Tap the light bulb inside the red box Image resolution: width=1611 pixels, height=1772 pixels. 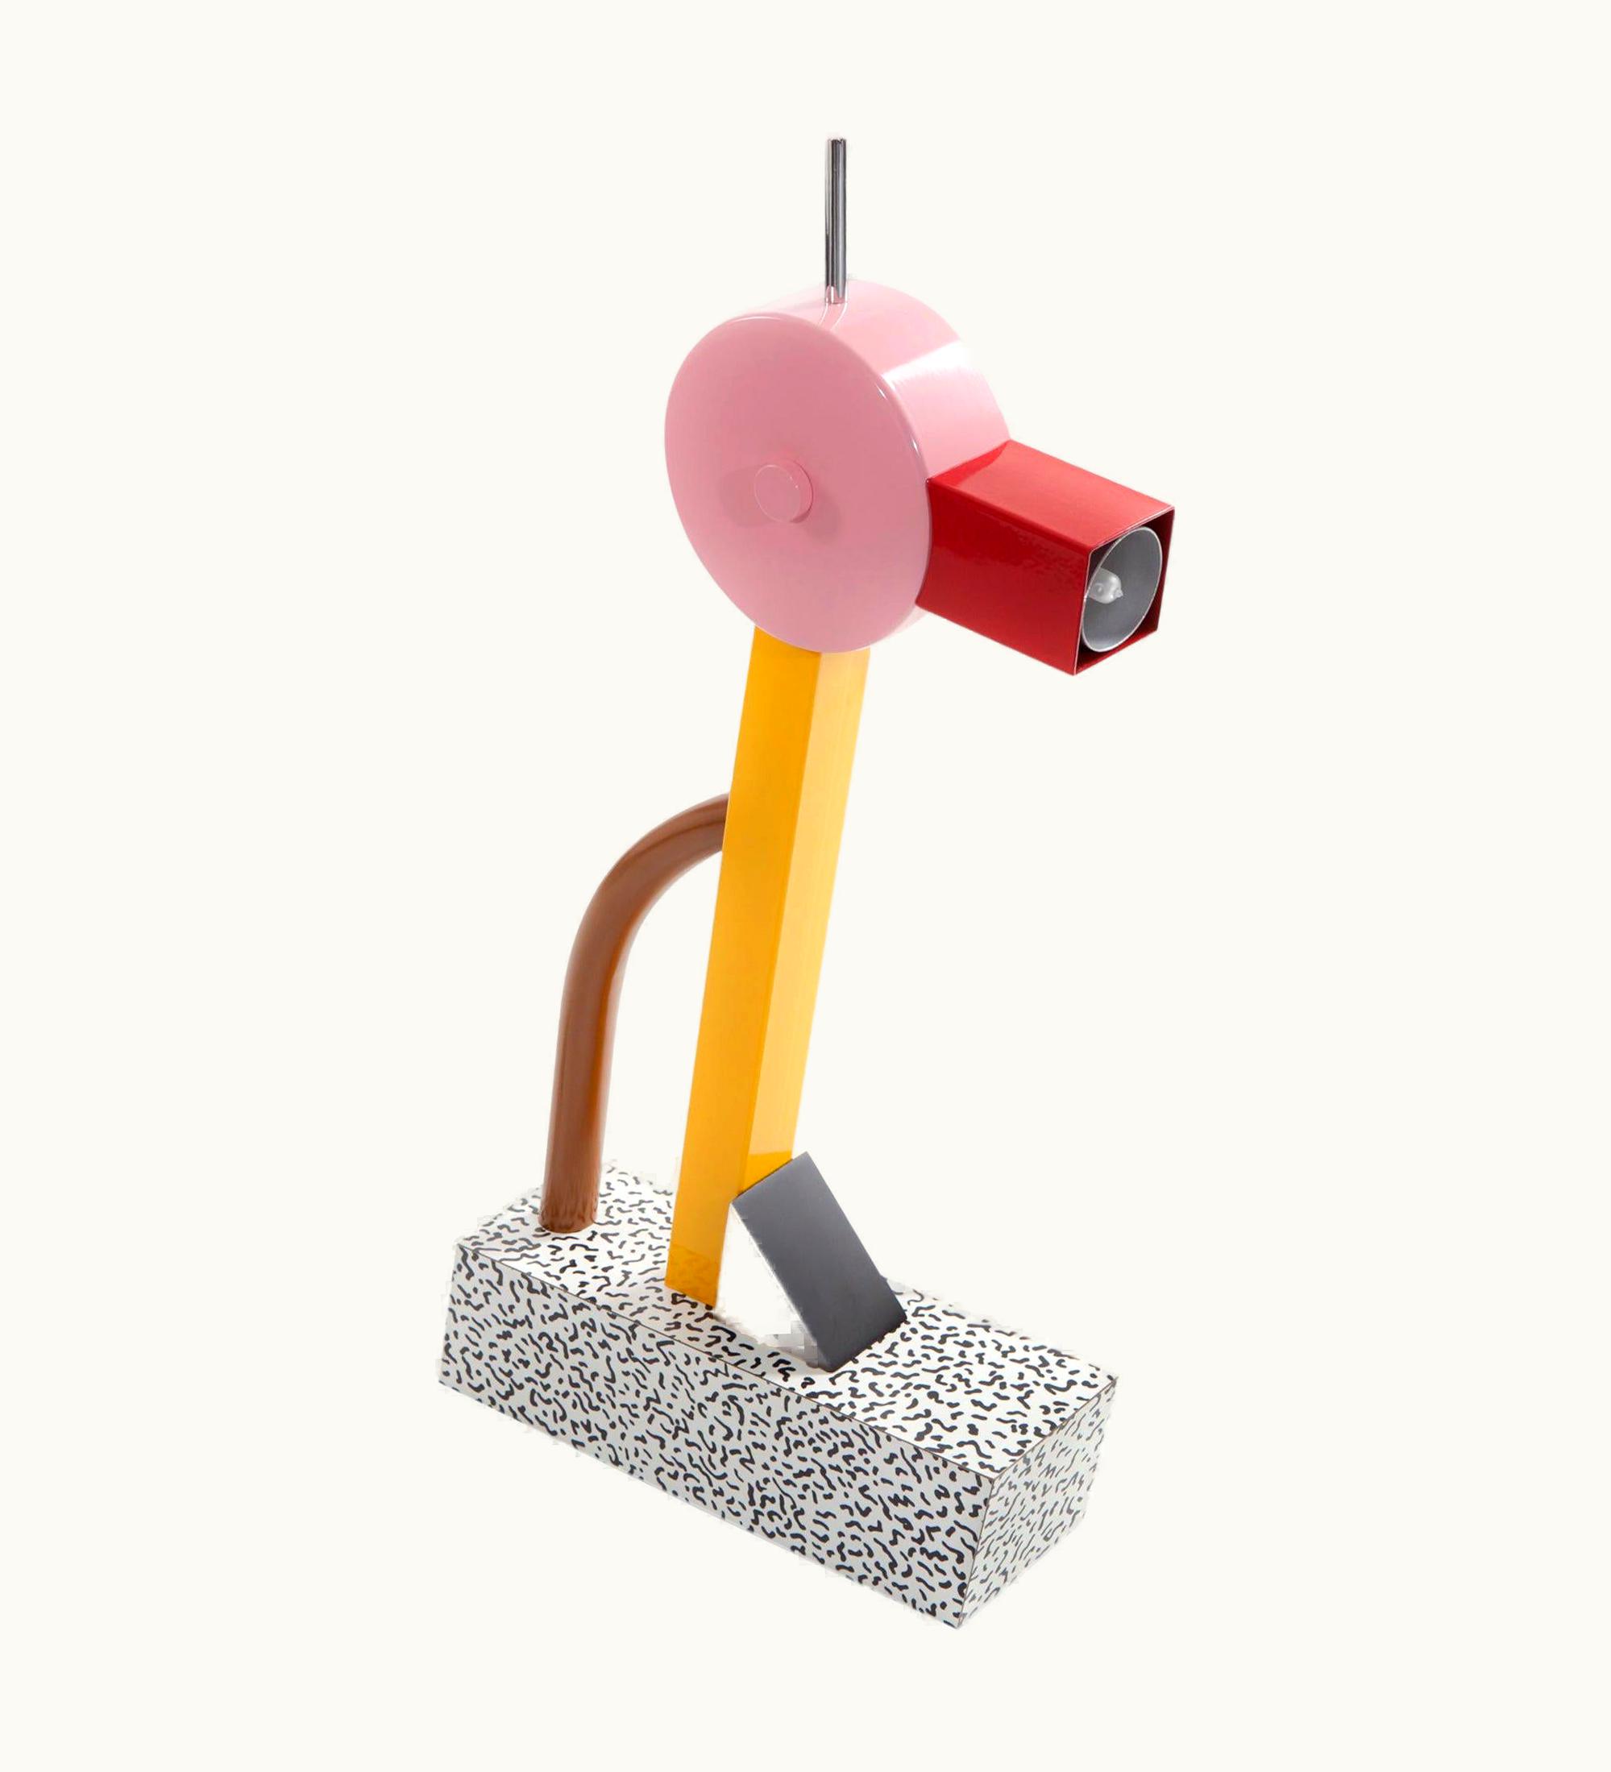(x=1109, y=583)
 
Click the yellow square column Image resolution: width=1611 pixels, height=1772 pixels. (x=774, y=923)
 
